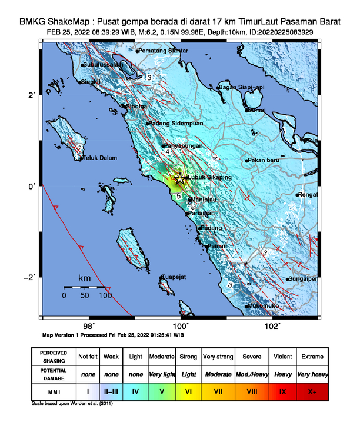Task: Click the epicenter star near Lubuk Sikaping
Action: [179, 181]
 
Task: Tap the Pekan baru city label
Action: [264, 160]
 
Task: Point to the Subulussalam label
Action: [103, 64]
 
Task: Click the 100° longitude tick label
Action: [181, 325]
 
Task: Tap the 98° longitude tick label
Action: [89, 325]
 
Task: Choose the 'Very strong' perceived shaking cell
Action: [218, 357]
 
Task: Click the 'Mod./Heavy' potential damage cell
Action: [250, 374]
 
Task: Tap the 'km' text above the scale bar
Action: [85, 277]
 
